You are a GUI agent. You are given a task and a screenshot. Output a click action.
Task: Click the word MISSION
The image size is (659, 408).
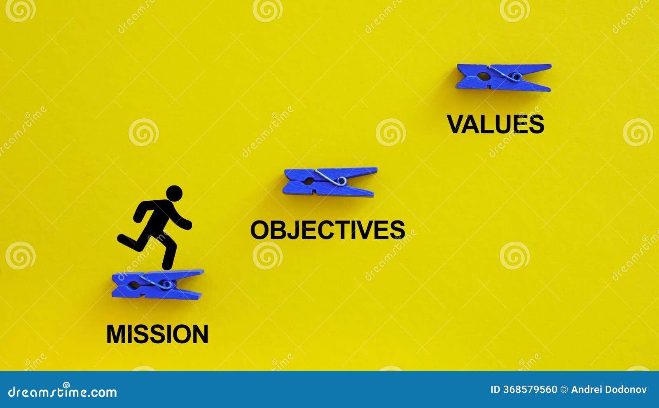(157, 334)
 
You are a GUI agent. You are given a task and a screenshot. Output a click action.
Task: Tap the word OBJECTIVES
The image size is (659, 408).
(327, 230)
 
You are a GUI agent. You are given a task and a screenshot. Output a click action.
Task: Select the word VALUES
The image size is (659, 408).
(495, 124)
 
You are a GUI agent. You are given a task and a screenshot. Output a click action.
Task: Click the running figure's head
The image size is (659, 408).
(174, 193)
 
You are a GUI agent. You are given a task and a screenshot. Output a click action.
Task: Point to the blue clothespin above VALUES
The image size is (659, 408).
(503, 77)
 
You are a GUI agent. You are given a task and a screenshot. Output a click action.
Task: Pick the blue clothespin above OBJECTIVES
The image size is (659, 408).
(330, 182)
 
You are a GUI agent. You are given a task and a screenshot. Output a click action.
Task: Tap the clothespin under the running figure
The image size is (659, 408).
(157, 284)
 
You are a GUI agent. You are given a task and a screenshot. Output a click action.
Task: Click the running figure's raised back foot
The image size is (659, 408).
(122, 239)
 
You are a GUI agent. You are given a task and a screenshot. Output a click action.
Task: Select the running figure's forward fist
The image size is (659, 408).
(188, 225)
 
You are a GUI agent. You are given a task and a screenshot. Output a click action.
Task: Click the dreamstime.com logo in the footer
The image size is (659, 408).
(63, 392)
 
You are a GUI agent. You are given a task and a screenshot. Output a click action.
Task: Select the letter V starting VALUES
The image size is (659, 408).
(456, 124)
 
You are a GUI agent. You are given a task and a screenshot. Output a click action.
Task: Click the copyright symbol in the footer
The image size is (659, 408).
(564, 389)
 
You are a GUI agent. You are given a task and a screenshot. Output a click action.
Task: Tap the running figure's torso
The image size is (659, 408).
(159, 216)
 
